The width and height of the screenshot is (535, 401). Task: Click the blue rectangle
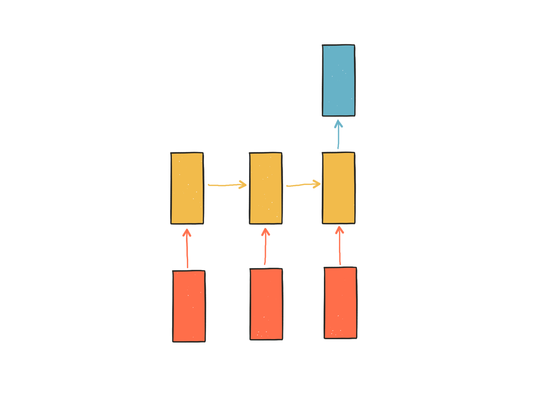pyautogui.click(x=339, y=80)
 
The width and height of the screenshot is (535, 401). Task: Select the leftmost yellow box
pyautogui.click(x=187, y=188)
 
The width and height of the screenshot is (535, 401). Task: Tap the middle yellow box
pyautogui.click(x=266, y=188)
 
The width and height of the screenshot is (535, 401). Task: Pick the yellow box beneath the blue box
pyautogui.click(x=339, y=188)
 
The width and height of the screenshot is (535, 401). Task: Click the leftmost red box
pyautogui.click(x=189, y=306)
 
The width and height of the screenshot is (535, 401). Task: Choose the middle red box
pyautogui.click(x=266, y=304)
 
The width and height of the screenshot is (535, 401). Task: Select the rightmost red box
pyautogui.click(x=341, y=303)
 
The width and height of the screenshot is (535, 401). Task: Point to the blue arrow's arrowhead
pyautogui.click(x=339, y=124)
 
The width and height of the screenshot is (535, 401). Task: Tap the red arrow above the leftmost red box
pyautogui.click(x=187, y=251)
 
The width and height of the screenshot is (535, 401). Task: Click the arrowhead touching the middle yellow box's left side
pyautogui.click(x=242, y=184)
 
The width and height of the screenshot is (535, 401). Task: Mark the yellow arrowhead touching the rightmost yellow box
pyautogui.click(x=316, y=184)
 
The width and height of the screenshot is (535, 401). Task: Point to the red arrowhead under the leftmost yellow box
pyautogui.click(x=187, y=233)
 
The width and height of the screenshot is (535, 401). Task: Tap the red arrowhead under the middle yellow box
pyautogui.click(x=265, y=232)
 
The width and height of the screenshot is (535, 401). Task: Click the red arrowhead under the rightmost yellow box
pyautogui.click(x=339, y=230)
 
